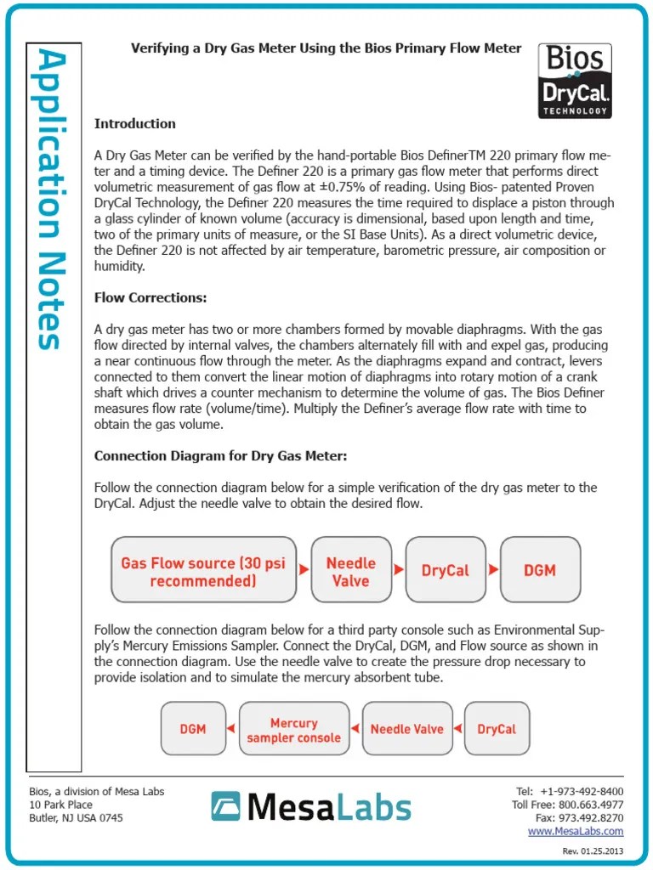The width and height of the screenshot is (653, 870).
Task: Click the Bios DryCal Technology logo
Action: coord(576,81)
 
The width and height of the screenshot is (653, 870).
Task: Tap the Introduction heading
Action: coord(134,124)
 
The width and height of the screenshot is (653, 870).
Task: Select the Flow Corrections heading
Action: coord(150,298)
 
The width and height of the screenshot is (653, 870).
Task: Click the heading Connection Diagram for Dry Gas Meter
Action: coord(220,456)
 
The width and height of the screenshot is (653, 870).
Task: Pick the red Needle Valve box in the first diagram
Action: coord(350,572)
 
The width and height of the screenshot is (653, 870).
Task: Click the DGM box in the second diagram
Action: coord(193,729)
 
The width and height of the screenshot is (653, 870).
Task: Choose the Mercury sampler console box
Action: coord(293,730)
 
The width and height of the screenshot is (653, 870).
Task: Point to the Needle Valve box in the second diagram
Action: coord(406,729)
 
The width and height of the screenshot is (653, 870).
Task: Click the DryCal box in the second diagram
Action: coord(497,729)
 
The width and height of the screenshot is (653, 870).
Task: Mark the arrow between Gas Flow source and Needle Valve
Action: coord(304,570)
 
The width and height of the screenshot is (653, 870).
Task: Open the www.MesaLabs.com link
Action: coord(575,831)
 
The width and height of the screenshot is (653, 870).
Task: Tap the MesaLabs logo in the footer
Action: coord(311,807)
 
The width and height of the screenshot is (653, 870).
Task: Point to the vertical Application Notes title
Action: coord(52,201)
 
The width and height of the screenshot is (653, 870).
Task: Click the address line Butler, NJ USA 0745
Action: coord(76,817)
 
